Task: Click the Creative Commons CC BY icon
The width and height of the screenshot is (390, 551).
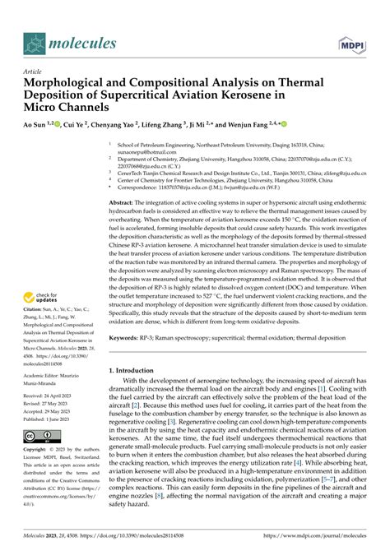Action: [x=38, y=437]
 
